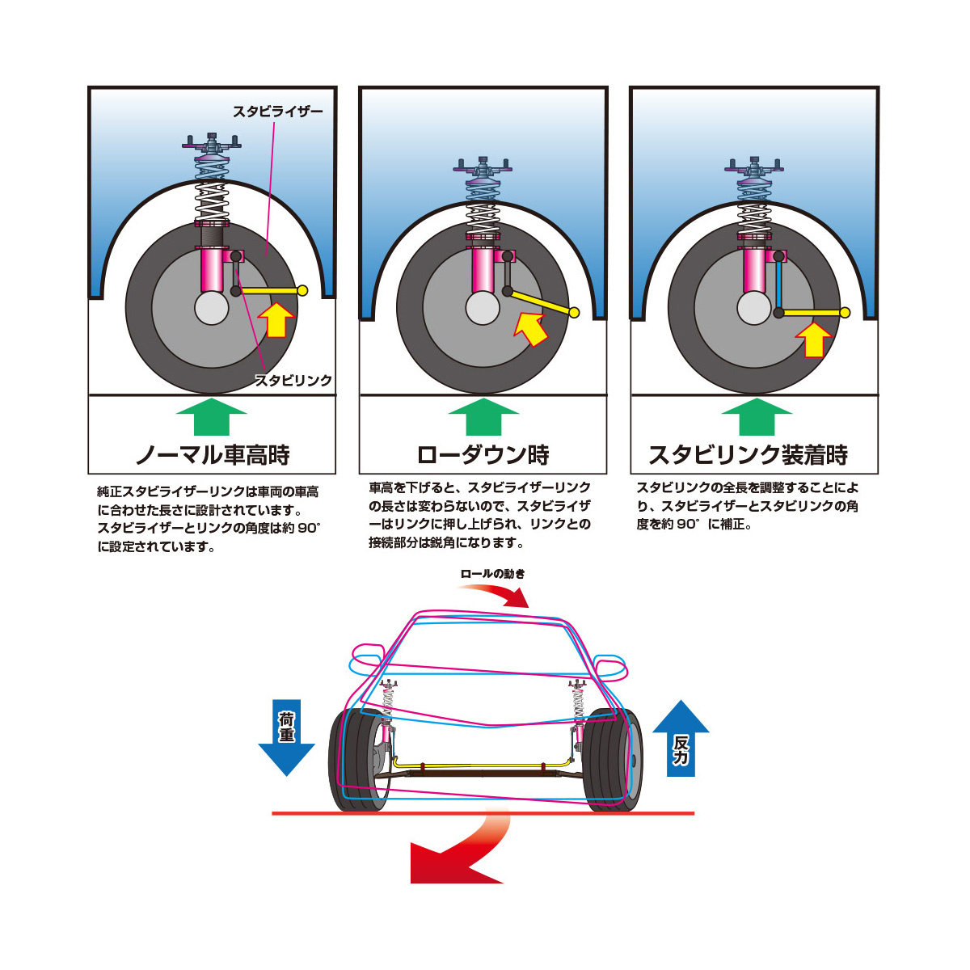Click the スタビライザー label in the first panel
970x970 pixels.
[277, 112]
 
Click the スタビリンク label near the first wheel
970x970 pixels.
[293, 380]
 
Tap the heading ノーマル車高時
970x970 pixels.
[212, 455]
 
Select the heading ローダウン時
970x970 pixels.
[483, 455]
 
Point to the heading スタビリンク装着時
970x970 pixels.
[749, 455]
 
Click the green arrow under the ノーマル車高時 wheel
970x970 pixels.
[211, 416]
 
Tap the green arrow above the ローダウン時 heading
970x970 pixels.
[483, 416]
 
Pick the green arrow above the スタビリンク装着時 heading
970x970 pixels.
[755, 416]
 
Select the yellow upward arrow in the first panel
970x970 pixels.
[276, 319]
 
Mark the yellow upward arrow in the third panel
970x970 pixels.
[814, 339]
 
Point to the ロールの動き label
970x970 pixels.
[492, 574]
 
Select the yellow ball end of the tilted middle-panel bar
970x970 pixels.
[574, 313]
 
